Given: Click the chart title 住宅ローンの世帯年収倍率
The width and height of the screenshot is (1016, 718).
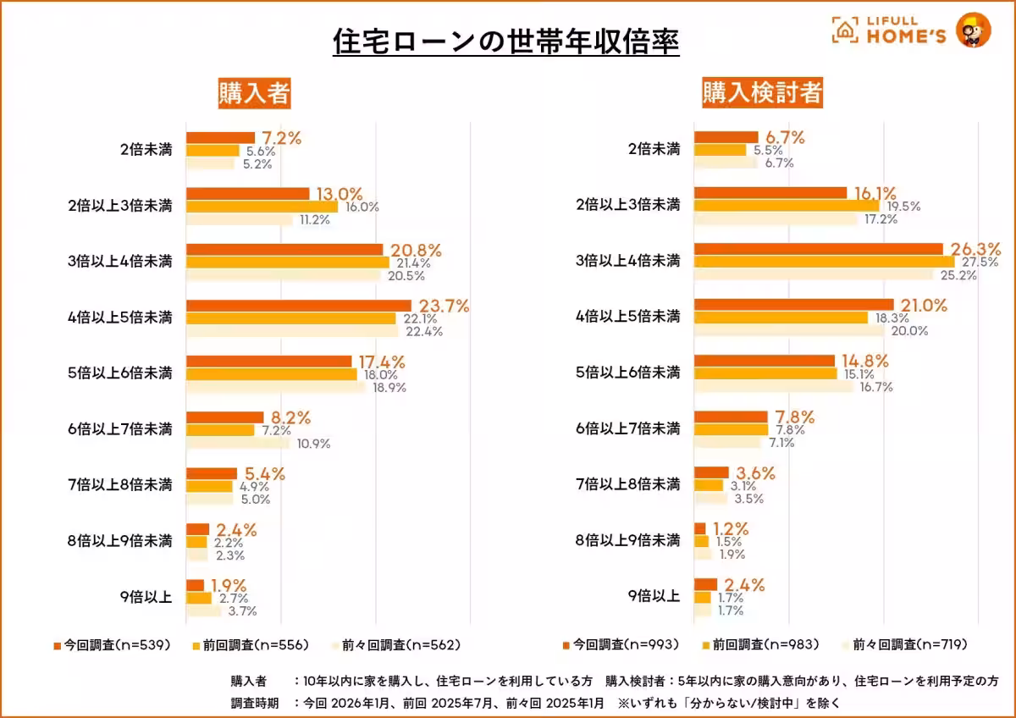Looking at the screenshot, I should (x=506, y=41).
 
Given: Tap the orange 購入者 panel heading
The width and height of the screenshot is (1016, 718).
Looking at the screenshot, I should (x=254, y=93).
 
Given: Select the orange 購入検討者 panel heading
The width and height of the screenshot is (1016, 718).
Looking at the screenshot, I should (x=762, y=93).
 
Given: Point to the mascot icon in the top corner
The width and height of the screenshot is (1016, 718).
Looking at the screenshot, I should (x=973, y=30).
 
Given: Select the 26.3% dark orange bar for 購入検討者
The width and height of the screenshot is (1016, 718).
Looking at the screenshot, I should (x=818, y=249).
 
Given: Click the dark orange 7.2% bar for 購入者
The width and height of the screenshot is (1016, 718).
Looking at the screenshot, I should (x=220, y=137).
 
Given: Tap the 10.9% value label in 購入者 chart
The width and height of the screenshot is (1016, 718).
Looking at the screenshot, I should (x=313, y=444).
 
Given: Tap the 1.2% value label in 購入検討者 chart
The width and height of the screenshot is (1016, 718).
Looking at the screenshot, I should (x=730, y=529).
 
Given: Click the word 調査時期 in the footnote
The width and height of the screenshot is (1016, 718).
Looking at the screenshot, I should (x=254, y=703).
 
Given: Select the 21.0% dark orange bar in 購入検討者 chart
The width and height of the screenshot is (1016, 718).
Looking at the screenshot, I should (x=793, y=305).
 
